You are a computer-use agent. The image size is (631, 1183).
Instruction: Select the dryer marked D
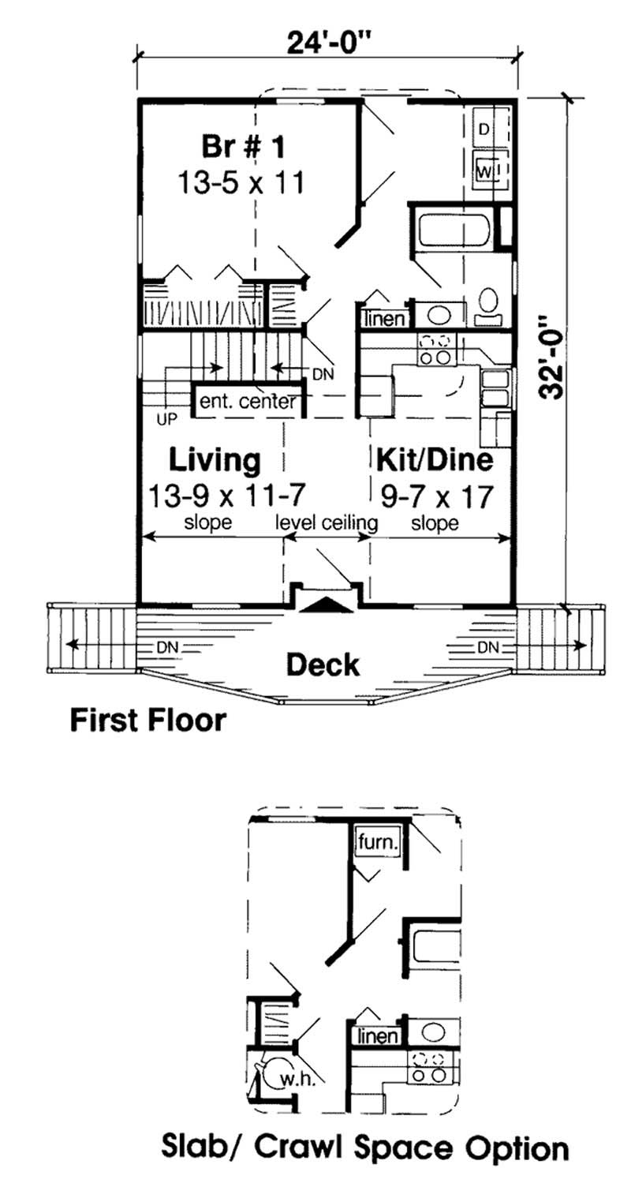(484, 128)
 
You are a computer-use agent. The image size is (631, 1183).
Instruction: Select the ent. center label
(247, 401)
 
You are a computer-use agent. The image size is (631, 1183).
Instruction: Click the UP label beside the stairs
(166, 420)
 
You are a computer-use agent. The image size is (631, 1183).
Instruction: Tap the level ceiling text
(327, 522)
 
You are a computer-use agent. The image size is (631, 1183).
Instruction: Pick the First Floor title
(148, 720)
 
